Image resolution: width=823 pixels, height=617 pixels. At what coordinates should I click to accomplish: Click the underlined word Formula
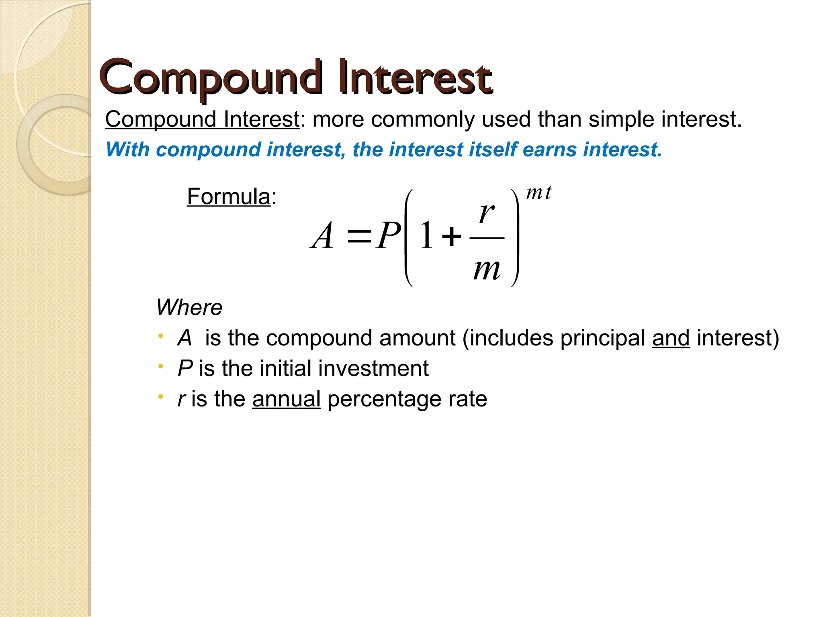click(x=228, y=197)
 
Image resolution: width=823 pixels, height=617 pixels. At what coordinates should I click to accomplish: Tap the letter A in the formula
click(x=322, y=237)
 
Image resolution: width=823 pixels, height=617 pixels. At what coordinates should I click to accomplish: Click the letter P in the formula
click(x=388, y=236)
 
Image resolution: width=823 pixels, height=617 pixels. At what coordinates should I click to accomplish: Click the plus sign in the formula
click(x=452, y=236)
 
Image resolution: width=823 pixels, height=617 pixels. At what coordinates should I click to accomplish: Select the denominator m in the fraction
click(x=487, y=269)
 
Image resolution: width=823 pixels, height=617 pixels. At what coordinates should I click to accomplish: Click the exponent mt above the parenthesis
click(x=538, y=193)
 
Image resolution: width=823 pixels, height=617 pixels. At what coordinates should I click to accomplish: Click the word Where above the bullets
click(x=189, y=308)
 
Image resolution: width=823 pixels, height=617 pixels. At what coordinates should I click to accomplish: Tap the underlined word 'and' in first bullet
click(x=671, y=338)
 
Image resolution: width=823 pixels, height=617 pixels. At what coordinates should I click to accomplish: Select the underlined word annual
click(x=286, y=399)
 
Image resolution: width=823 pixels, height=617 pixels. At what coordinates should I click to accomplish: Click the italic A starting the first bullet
click(x=184, y=338)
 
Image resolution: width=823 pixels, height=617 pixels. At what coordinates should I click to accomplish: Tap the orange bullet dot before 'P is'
click(x=161, y=366)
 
